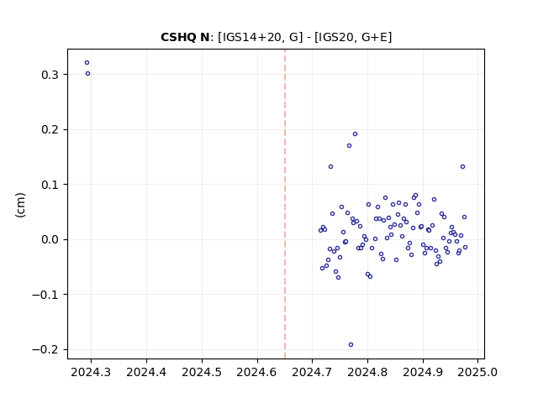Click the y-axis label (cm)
(x=20, y=205)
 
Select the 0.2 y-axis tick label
(x=50, y=130)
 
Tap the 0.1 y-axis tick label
(x=50, y=185)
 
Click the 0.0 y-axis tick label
(x=50, y=239)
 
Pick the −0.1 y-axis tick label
(x=46, y=295)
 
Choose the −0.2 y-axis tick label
(x=46, y=349)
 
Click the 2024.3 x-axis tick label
(x=91, y=372)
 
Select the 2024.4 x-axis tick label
(x=146, y=372)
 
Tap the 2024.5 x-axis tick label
(x=202, y=372)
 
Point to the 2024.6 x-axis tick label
(x=257, y=372)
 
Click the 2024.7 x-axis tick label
(x=312, y=372)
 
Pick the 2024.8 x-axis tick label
(x=367, y=372)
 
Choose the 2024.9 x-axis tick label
(x=423, y=372)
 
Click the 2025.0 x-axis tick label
(x=477, y=372)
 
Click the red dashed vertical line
(x=285, y=204)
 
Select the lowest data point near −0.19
(x=351, y=345)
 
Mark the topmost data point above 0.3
(x=87, y=63)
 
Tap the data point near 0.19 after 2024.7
(x=355, y=134)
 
